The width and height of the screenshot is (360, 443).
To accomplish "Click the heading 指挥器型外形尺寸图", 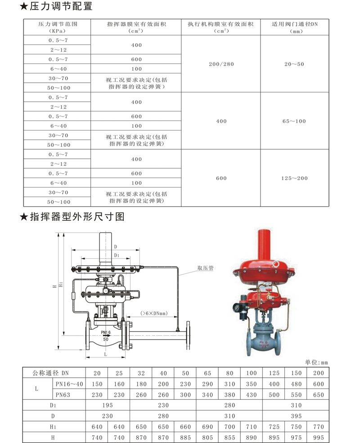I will coord(72,217).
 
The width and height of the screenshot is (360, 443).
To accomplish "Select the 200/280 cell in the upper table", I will coord(221,64).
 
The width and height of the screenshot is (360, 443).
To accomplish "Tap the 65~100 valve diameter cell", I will coord(294,121).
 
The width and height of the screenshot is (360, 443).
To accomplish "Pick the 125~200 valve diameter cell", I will coord(294,178).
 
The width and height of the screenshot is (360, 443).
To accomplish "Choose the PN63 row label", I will coord(68,394).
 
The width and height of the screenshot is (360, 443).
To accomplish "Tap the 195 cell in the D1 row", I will coord(108,405).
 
